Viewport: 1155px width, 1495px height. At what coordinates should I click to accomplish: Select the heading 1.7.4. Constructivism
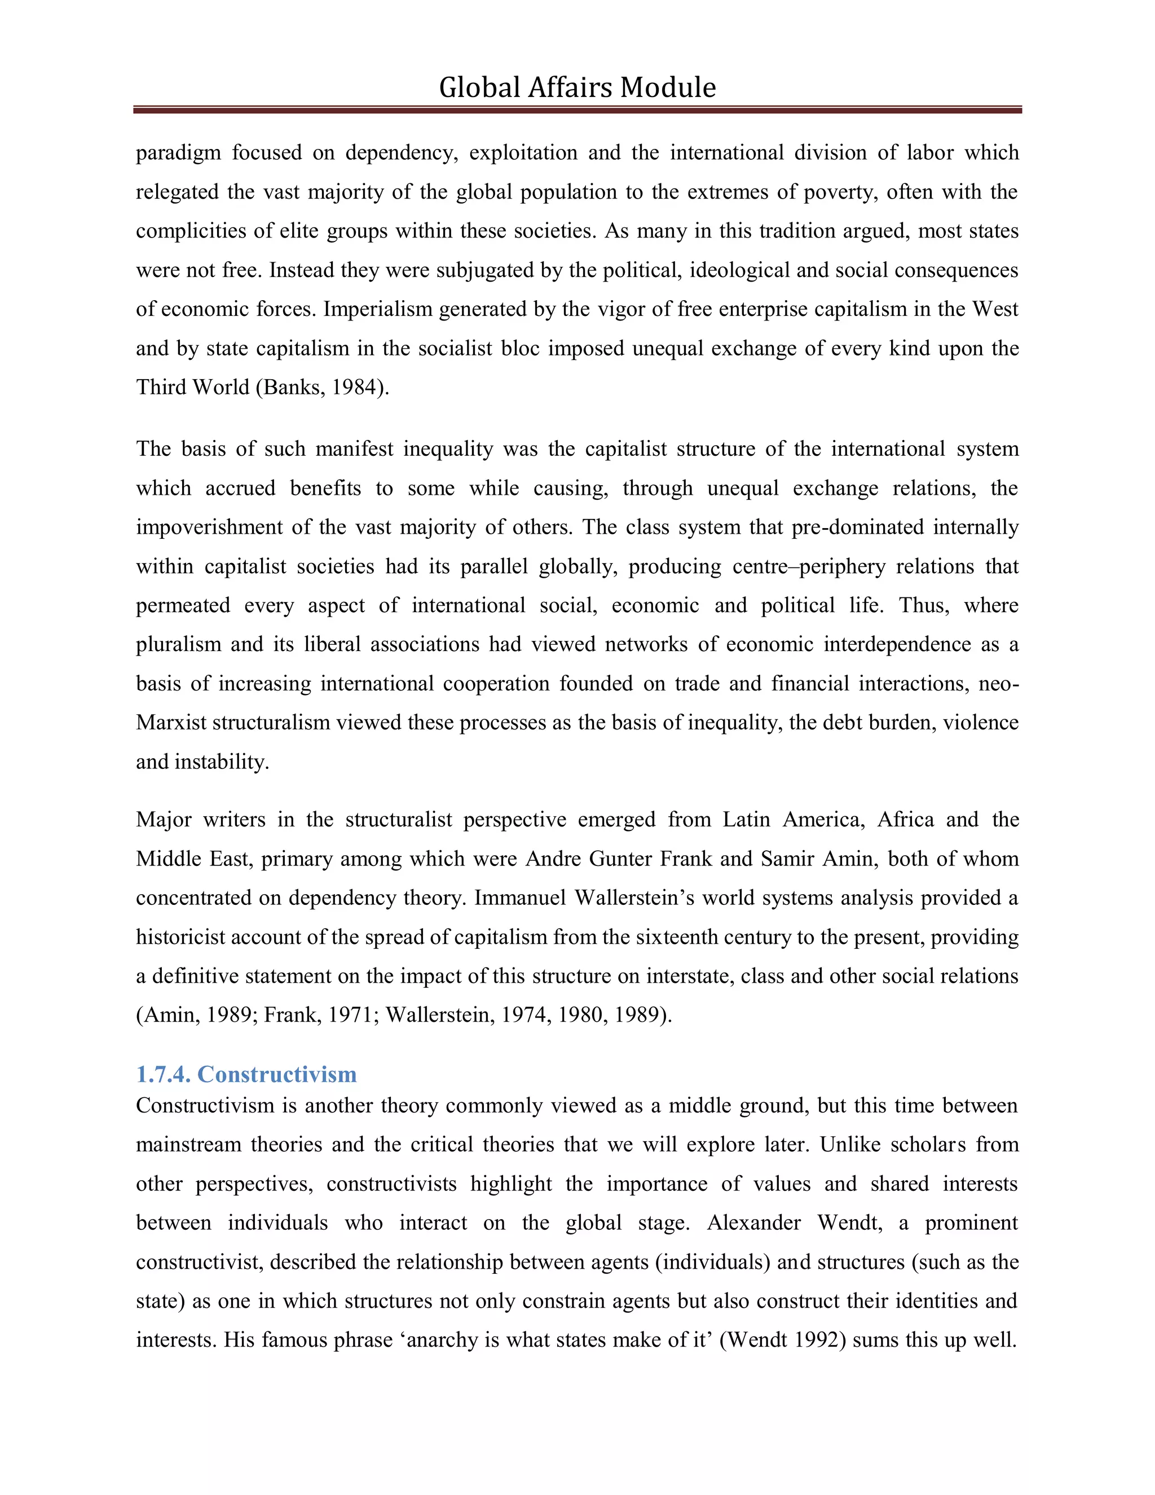click(x=246, y=1074)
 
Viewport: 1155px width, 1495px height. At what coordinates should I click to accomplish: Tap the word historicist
click(x=180, y=936)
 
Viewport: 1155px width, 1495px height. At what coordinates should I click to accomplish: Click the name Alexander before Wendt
click(x=753, y=1223)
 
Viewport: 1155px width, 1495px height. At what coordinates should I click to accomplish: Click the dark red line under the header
click(x=577, y=109)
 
